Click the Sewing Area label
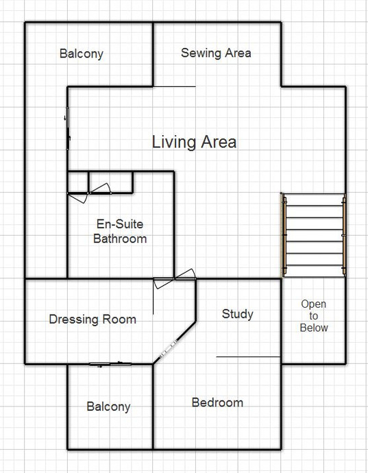[x=216, y=53]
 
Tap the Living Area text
[x=194, y=142]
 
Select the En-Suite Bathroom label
[x=120, y=232]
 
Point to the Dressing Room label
[x=93, y=319]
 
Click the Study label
[x=237, y=314]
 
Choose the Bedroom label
[x=217, y=402]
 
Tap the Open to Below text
[x=314, y=316]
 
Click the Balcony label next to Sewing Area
[x=82, y=53]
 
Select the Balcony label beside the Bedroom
[x=108, y=407]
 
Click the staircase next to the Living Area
[x=314, y=235]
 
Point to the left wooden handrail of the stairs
[x=284, y=235]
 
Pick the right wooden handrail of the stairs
[x=344, y=235]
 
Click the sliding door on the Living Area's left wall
[x=68, y=128]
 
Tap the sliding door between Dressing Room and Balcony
[x=110, y=365]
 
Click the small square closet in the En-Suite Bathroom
[x=78, y=182]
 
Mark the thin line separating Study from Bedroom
[x=249, y=357]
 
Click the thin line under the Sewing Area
[x=174, y=87]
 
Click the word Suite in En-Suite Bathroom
[x=129, y=224]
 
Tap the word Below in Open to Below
[x=314, y=328]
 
